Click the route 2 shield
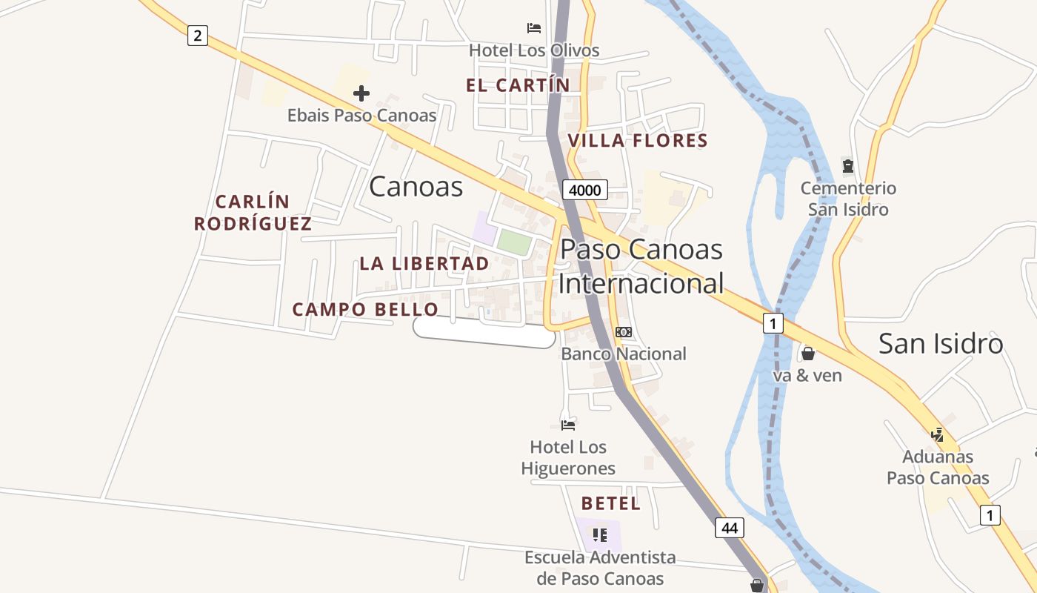(x=197, y=35)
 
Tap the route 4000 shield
(x=584, y=190)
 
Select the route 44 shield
(x=730, y=528)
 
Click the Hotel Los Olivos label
(x=534, y=50)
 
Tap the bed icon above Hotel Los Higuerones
(x=568, y=425)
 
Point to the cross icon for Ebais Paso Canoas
(x=361, y=93)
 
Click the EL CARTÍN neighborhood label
(x=518, y=85)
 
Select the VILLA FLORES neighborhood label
(x=637, y=140)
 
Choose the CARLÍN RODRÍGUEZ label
(x=253, y=213)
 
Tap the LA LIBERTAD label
(x=424, y=263)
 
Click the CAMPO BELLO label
(x=365, y=309)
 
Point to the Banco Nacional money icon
(x=624, y=332)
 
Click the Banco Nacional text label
(x=624, y=354)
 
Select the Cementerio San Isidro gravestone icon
(x=848, y=165)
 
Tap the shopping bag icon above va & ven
(x=808, y=354)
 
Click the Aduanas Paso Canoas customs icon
(x=938, y=434)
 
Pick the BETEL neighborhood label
(x=610, y=503)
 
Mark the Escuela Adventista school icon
(x=600, y=534)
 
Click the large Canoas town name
(x=416, y=187)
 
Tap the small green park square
(x=514, y=242)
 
